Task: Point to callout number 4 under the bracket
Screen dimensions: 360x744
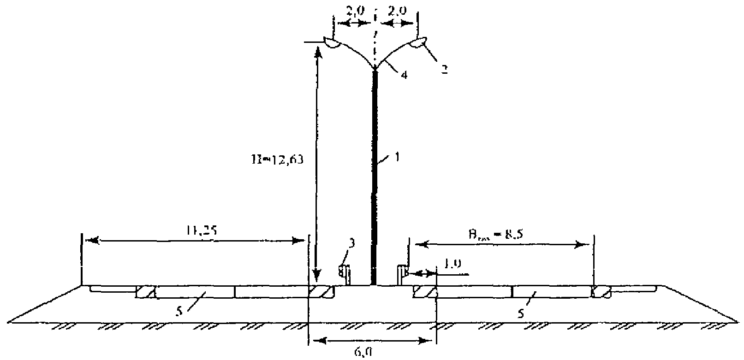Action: pos(403,76)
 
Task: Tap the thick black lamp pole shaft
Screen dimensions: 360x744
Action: pos(375,184)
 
